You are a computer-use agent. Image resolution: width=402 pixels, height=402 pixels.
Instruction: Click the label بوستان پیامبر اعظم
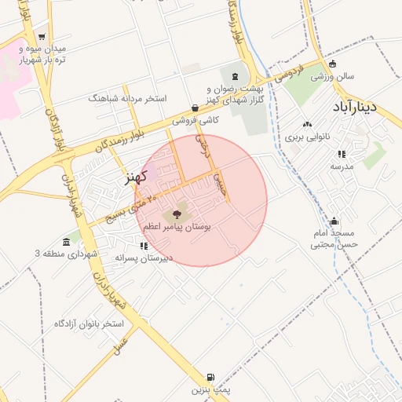point(177,226)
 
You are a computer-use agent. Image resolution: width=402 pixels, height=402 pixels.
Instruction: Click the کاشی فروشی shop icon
point(196,108)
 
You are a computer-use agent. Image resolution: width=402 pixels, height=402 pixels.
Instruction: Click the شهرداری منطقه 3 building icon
point(66,241)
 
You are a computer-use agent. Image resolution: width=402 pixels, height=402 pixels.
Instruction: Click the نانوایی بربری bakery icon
point(307,124)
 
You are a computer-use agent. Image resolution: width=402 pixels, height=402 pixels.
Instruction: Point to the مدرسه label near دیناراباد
point(342,166)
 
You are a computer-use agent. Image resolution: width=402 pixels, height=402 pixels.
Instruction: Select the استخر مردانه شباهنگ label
point(129,99)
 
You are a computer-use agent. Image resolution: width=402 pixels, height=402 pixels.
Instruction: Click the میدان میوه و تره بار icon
point(41,36)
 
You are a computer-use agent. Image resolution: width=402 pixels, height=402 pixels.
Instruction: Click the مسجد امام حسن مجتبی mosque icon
point(334,221)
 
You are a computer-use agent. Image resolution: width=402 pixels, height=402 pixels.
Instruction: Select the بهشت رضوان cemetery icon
point(236,76)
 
